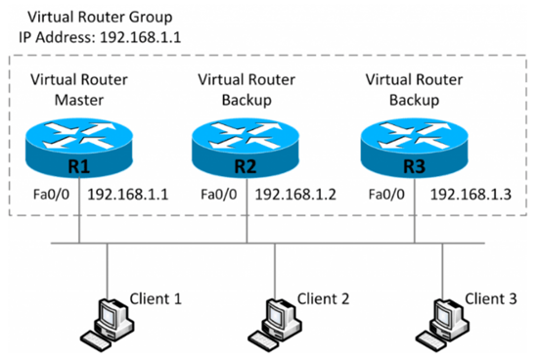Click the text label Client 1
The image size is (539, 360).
(x=156, y=297)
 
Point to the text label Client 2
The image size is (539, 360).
(x=323, y=297)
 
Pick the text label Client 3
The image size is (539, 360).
(x=490, y=297)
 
